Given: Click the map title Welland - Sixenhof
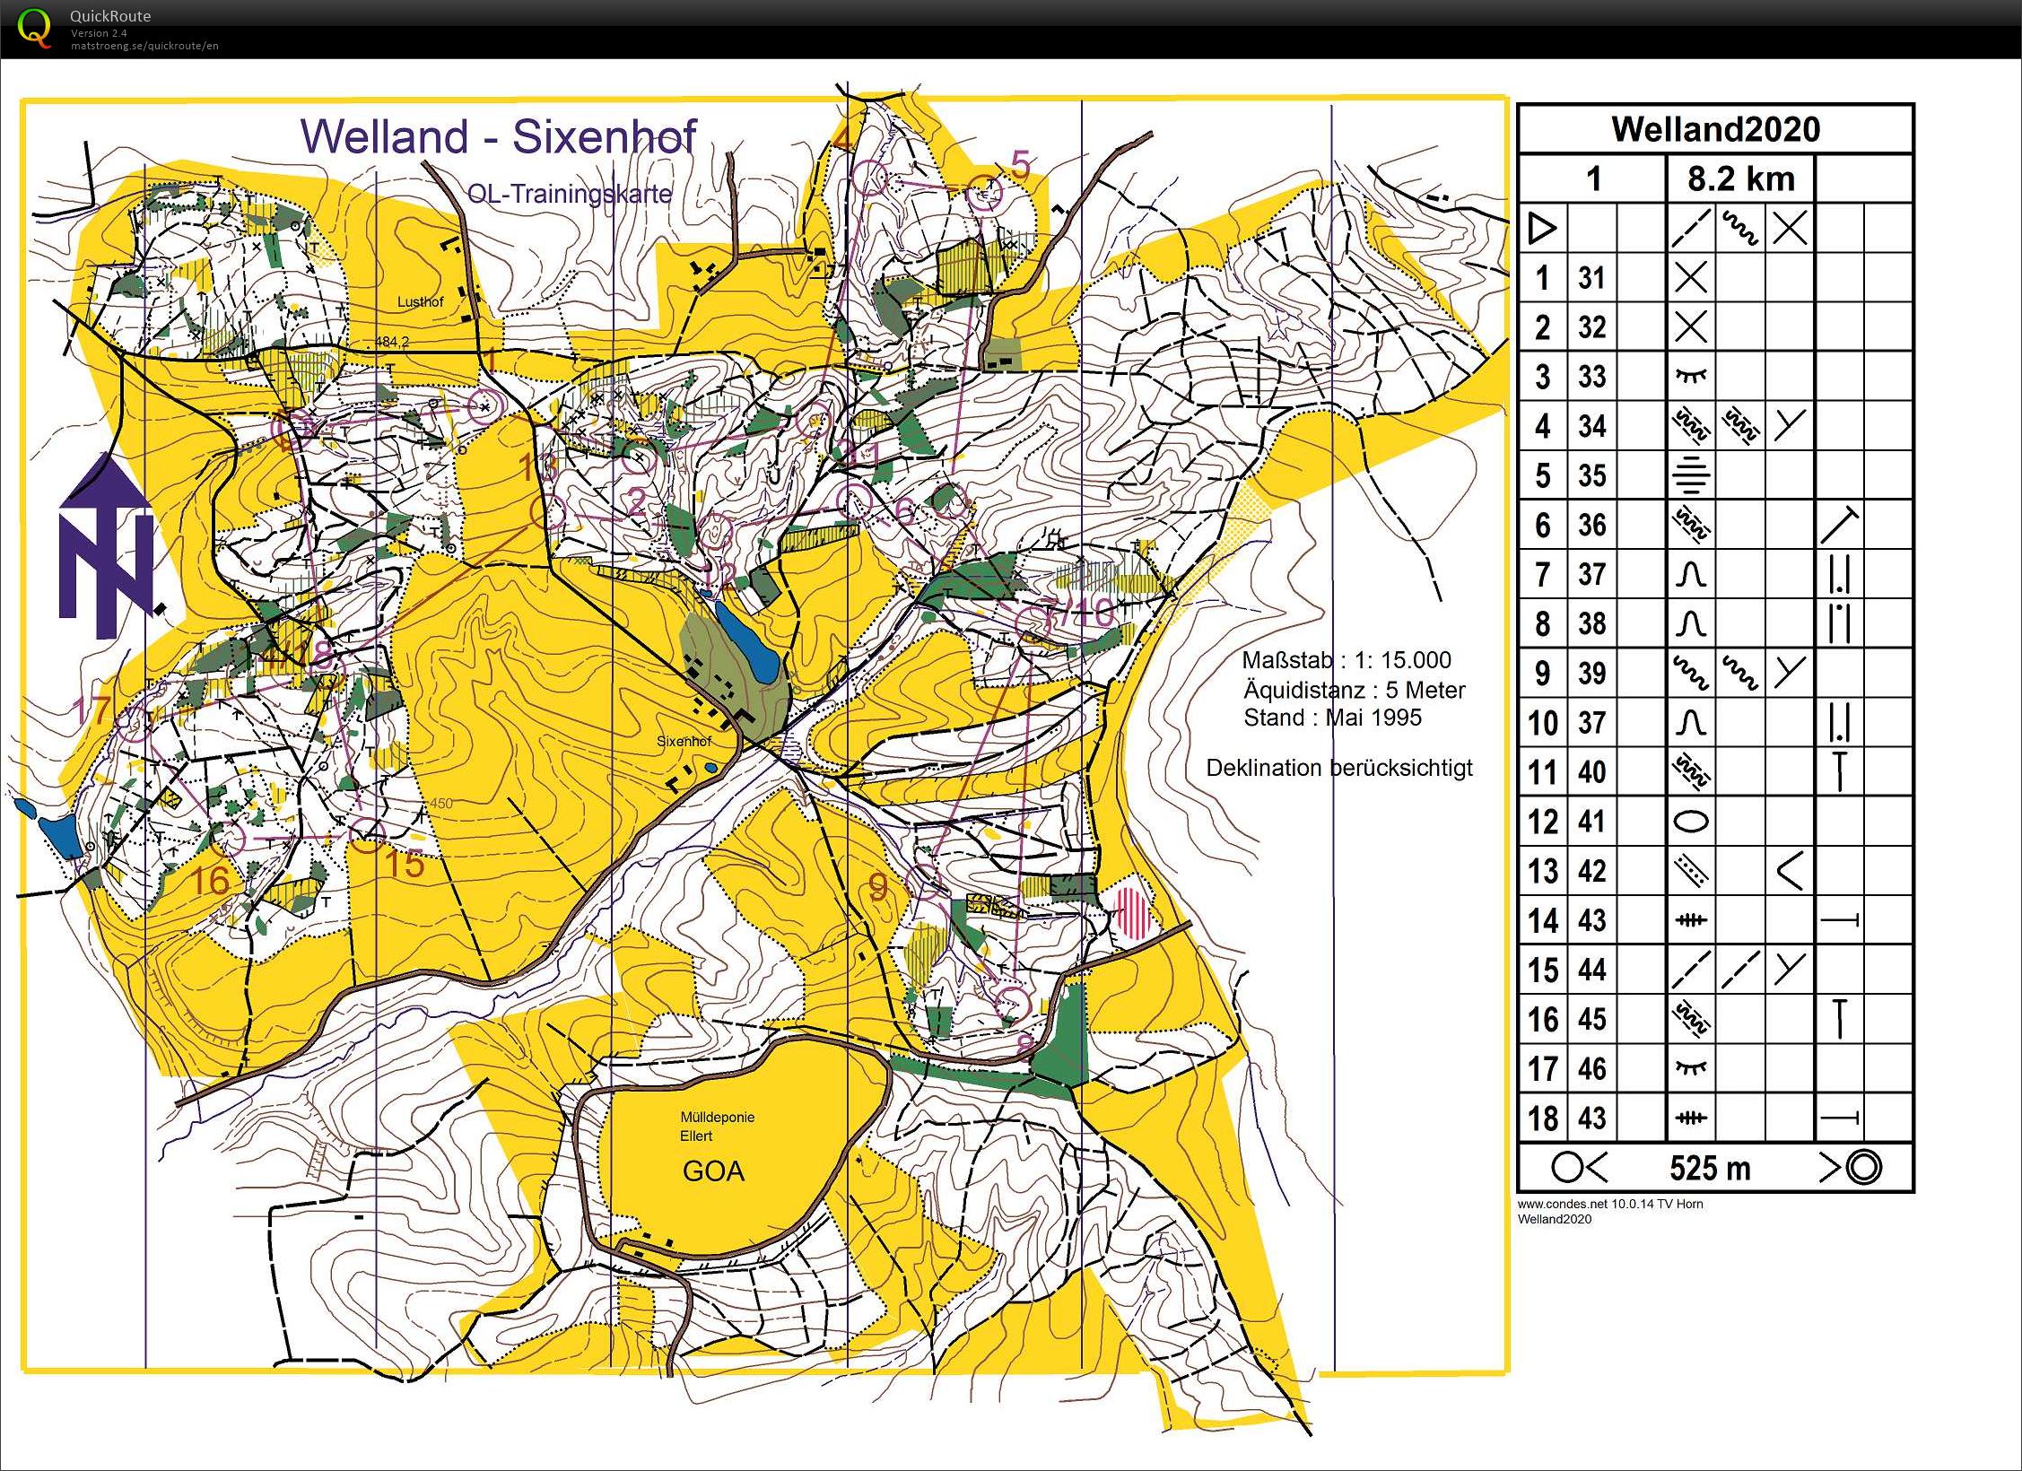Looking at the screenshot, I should click(x=498, y=136).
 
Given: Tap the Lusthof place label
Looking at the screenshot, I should click(x=420, y=302).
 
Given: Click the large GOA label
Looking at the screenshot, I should click(x=713, y=1171).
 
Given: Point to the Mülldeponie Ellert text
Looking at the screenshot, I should click(x=716, y=1127).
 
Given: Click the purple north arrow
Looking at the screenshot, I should click(x=106, y=547).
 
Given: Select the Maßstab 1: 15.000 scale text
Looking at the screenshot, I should click(x=1346, y=660).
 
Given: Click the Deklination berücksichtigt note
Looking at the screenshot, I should click(x=1338, y=768).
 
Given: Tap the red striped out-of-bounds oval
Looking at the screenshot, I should click(x=1131, y=912).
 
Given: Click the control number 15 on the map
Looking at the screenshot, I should click(x=405, y=865).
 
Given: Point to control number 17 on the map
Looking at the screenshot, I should click(x=91, y=710).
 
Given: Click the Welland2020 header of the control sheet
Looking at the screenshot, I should click(x=1715, y=129).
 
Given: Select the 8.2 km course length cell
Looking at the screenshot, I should click(x=1740, y=178).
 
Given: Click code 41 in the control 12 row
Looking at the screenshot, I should click(x=1591, y=822).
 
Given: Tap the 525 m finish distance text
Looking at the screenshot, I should click(x=1710, y=1168).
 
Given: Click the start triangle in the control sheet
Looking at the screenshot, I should click(x=1541, y=228).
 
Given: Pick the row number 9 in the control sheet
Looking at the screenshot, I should click(x=1542, y=673).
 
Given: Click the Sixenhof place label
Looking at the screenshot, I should click(x=684, y=742).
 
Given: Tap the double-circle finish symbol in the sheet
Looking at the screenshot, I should click(x=1864, y=1167).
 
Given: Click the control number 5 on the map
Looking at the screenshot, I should click(x=1020, y=165).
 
